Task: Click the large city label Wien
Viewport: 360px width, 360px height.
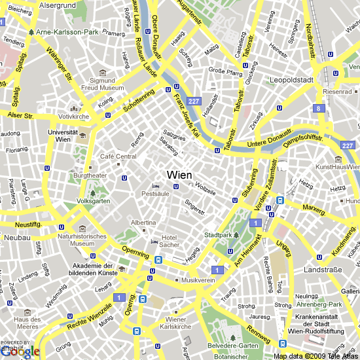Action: point(179,175)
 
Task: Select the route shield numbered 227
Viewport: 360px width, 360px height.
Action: point(193,101)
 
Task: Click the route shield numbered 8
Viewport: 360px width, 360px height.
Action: point(319,109)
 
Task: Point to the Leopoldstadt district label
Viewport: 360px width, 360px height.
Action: point(293,81)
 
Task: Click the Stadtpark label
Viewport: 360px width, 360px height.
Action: point(219,234)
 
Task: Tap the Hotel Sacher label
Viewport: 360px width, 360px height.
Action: point(170,240)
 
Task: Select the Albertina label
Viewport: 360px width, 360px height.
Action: point(143,223)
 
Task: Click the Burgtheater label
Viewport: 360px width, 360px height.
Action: point(90,176)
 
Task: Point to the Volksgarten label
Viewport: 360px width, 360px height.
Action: point(94,201)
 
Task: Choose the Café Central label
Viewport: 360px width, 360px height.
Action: point(118,156)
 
